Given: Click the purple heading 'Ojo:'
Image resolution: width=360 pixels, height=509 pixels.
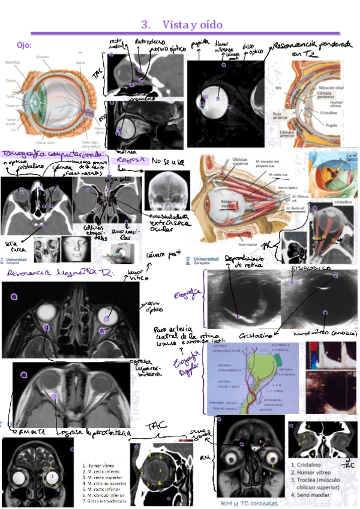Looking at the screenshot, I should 24,46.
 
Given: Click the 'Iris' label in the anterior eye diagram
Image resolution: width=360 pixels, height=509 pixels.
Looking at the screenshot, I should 295,86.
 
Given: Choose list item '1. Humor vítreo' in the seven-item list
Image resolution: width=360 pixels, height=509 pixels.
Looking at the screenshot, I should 100,465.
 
